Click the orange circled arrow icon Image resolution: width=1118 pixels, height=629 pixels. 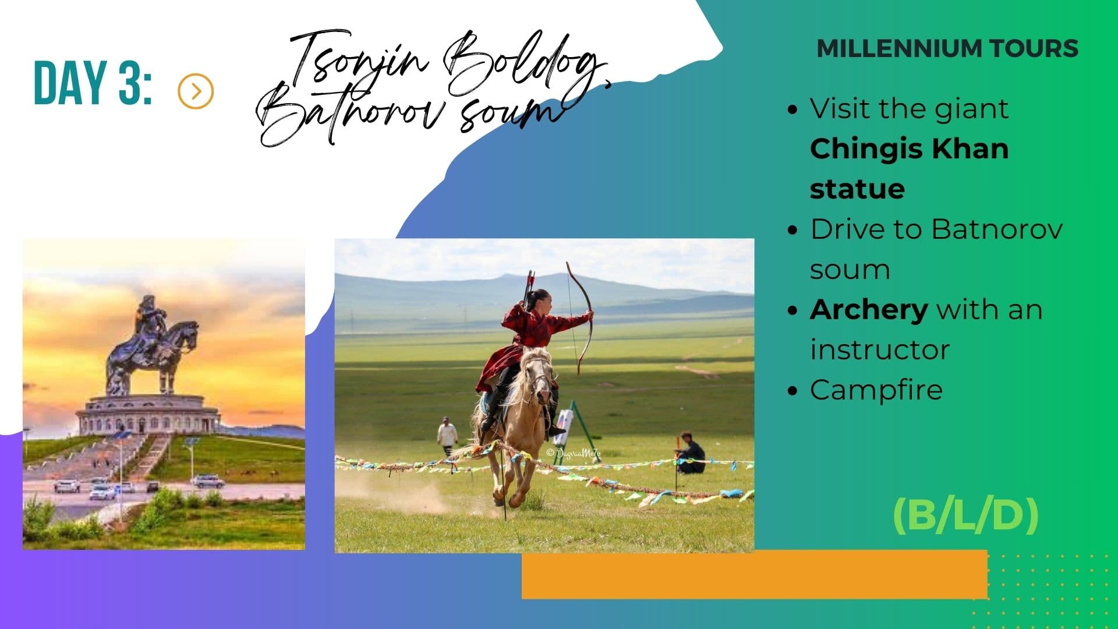click(196, 91)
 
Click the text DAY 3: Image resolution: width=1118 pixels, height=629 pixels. click(93, 83)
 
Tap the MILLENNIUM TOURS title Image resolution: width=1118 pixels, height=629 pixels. click(947, 48)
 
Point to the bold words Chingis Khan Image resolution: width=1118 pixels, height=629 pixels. click(909, 149)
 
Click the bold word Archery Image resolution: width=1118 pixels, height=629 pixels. click(868, 309)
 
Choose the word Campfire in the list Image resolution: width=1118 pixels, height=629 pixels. click(876, 390)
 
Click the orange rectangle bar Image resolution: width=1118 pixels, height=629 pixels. click(754, 574)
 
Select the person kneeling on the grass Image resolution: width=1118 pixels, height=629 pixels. click(691, 454)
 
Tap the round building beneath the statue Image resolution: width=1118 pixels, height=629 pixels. click(148, 414)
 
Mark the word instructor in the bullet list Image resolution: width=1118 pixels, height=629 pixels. click(879, 349)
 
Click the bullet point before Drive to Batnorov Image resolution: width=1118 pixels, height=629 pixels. click(792, 230)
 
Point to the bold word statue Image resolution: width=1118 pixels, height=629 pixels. click(857, 189)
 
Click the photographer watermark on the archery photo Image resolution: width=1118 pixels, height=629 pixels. click(573, 453)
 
